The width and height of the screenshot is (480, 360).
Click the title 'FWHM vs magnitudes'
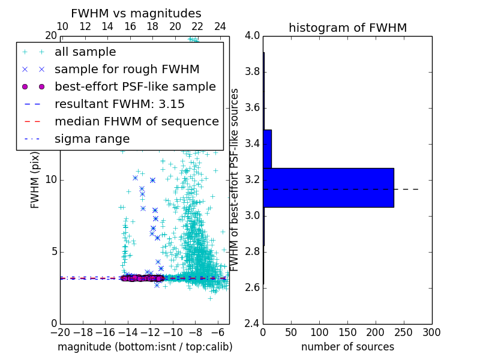coord(136,13)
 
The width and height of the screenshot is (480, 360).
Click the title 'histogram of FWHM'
coord(347,28)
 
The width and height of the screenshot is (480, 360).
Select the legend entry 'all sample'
coord(85,52)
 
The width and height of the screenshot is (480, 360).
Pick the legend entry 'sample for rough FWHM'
coord(127,70)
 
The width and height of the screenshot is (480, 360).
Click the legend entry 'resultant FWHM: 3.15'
coord(119,104)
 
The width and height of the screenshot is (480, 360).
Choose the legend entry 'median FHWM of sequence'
coord(136,122)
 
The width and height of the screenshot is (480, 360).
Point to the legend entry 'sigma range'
coord(92,139)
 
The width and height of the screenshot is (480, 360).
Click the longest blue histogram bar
coord(328,187)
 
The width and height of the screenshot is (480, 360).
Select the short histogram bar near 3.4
coord(267,149)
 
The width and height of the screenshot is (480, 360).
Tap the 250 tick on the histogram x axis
coord(404,331)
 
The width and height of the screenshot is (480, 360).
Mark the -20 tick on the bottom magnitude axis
coord(60,331)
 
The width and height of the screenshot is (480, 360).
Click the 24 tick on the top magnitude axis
coord(220,27)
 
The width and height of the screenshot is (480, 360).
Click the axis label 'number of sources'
coord(347,347)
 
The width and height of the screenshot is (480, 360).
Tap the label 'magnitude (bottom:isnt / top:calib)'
coord(145,347)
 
